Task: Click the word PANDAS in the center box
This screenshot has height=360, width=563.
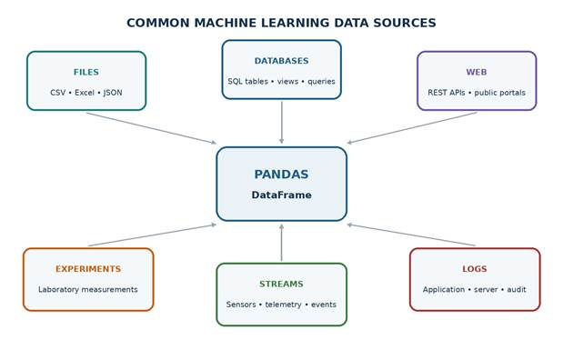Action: pos(281,175)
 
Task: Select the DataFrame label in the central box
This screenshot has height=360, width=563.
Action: pos(281,195)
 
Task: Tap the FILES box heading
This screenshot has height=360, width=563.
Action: pos(86,72)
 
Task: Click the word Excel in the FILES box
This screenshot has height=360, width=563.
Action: pos(85,93)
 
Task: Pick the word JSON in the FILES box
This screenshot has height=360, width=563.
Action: pos(113,93)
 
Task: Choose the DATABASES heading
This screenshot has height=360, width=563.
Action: pos(282,61)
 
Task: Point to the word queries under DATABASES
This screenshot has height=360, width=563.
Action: pos(321,82)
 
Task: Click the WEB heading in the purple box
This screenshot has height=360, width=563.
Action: pos(477,72)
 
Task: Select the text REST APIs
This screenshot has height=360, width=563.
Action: pos(447,93)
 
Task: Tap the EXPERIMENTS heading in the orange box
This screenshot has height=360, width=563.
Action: pos(88,269)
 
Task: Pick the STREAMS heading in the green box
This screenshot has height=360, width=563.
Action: pos(282,284)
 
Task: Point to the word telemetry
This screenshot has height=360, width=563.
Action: pos(283,305)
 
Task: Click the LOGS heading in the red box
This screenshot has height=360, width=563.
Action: pos(475,269)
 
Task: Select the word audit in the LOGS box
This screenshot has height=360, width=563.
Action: pos(517,289)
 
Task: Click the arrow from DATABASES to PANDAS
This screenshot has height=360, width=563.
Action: pos(282,123)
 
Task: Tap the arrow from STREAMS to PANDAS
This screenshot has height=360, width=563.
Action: pos(282,243)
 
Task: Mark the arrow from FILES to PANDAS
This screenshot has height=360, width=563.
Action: pos(152,128)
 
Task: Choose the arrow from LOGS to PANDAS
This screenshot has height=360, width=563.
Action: pos(411,235)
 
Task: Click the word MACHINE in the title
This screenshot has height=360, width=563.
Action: pos(225,23)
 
